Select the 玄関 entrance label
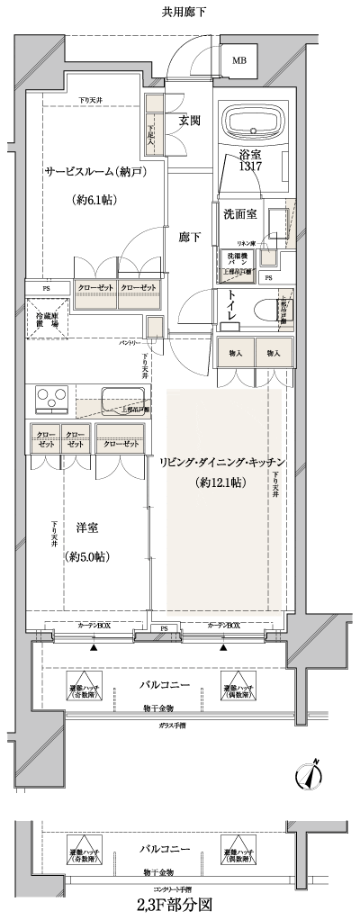(189, 121)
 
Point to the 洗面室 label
(240, 213)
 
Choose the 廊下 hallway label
(189, 237)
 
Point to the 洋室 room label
(86, 528)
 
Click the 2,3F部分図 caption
(175, 903)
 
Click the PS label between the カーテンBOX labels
(164, 627)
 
